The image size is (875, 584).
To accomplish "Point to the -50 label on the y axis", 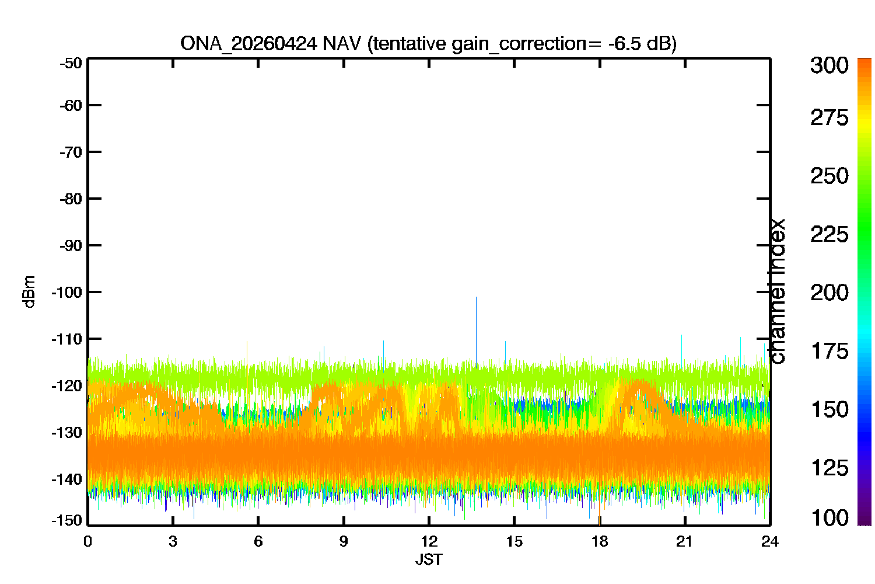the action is [x=71, y=63].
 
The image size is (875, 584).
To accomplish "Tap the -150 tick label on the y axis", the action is [x=67, y=520].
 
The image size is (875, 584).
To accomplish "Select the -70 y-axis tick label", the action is [x=71, y=152].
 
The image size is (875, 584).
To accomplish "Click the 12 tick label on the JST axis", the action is [x=429, y=542].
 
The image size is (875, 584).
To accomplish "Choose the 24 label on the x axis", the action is [x=770, y=542].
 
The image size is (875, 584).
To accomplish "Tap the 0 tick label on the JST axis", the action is [x=87, y=542].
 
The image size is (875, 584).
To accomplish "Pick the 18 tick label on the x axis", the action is [x=600, y=542].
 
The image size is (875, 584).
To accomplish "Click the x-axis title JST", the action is [x=429, y=559].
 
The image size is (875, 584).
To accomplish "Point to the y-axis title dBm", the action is [x=30, y=292].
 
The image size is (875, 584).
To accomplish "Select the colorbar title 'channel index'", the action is [x=776, y=291].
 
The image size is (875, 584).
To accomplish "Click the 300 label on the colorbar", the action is [x=829, y=65].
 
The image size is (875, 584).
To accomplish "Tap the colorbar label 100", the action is [x=829, y=518].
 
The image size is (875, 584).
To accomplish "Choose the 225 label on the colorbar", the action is [x=829, y=235].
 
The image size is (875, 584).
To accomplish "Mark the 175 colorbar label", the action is [x=829, y=351].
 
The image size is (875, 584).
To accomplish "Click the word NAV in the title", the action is [x=341, y=43].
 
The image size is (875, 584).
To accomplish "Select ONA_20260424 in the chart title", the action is [x=249, y=44].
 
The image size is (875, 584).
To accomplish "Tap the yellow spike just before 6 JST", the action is [x=247, y=352].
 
